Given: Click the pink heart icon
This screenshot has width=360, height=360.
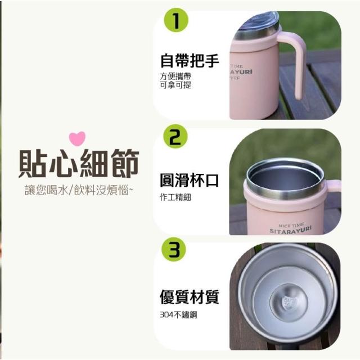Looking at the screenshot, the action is tap(78, 139).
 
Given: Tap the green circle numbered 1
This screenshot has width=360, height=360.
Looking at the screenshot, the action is tap(176, 20).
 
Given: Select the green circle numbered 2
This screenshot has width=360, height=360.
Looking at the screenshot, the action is tap(175, 136).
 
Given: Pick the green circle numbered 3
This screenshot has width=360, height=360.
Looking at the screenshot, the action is tap(174, 249).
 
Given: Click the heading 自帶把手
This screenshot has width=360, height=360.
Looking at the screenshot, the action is tap(190, 61).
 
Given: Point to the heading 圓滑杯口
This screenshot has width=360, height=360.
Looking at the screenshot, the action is tap(190, 180).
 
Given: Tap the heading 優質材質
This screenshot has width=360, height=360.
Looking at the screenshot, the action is tap(190, 297).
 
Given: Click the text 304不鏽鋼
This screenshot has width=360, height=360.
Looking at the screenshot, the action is tap(178, 315).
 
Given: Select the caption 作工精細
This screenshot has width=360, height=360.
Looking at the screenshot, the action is tap(175, 197).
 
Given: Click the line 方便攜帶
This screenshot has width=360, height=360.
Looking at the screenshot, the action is tap(175, 76).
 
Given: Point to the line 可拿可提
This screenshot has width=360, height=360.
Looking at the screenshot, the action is tap(175, 85).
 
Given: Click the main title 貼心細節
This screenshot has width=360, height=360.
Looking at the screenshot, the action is tap(79, 163).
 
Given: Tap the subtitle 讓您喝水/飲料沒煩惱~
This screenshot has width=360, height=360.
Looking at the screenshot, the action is tap(79, 190).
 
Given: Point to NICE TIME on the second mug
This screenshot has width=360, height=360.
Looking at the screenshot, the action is tap(292, 224).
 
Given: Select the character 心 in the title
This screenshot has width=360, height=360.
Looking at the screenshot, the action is tap(64, 163).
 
